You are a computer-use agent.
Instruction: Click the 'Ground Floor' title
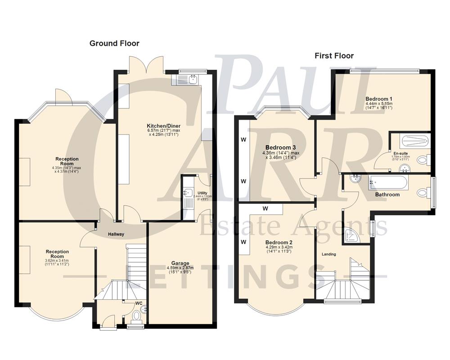[114, 43]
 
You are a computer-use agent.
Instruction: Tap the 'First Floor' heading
[333, 56]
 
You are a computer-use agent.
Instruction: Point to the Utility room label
[202, 193]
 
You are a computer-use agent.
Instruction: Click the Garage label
[180, 263]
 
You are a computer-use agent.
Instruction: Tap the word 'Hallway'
[116, 234]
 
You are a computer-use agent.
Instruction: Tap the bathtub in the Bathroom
[388, 183]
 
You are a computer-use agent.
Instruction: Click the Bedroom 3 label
[280, 148]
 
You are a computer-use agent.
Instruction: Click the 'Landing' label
[328, 254]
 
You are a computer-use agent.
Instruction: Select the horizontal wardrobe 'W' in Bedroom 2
[265, 209]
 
